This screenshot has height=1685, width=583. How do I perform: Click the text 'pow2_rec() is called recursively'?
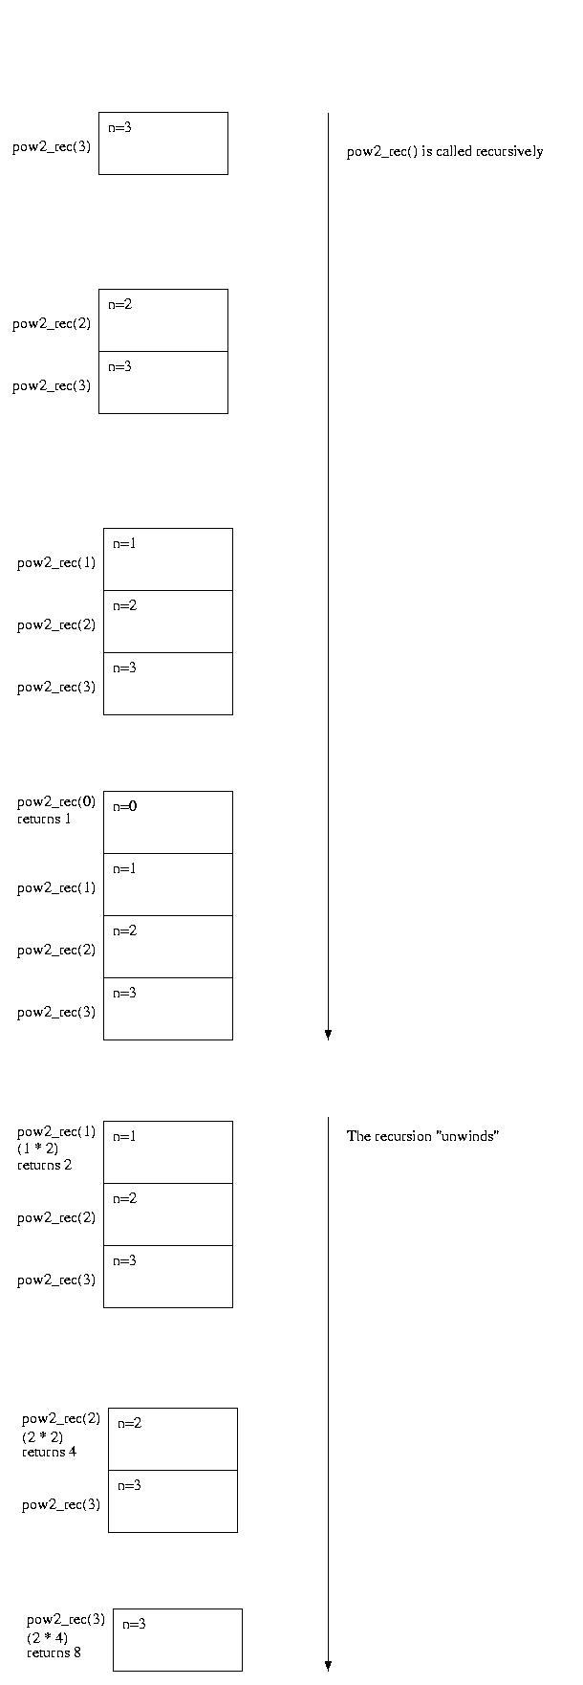pyautogui.click(x=444, y=151)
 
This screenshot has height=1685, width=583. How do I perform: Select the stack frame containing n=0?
pyautogui.click(x=168, y=822)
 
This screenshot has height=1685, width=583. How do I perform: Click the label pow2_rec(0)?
pyautogui.click(x=56, y=801)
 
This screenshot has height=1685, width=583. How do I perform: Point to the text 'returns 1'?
pyautogui.click(x=44, y=819)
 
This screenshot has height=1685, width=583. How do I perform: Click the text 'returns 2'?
pyautogui.click(x=44, y=1165)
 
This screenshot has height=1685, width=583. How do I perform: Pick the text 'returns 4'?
pyautogui.click(x=50, y=1452)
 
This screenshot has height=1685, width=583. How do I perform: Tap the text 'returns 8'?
pyautogui.click(x=54, y=1652)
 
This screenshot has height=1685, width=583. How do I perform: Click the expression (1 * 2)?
pyautogui.click(x=37, y=1149)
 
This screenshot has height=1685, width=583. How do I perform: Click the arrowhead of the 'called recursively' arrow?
pyautogui.click(x=328, y=1035)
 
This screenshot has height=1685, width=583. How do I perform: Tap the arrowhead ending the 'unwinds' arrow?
pyautogui.click(x=328, y=1665)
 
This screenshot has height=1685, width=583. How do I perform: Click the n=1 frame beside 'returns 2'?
pyautogui.click(x=168, y=1152)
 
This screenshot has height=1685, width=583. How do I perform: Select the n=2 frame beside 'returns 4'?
pyautogui.click(x=173, y=1439)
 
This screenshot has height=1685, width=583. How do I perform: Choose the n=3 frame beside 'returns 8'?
pyautogui.click(x=178, y=1640)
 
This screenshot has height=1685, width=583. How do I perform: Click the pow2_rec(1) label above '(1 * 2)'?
pyautogui.click(x=56, y=1131)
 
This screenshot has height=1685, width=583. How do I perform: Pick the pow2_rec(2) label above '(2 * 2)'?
pyautogui.click(x=61, y=1418)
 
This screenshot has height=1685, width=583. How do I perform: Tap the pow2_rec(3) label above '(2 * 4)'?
pyautogui.click(x=66, y=1619)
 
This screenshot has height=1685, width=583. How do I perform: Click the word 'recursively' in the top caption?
pyautogui.click(x=509, y=151)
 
